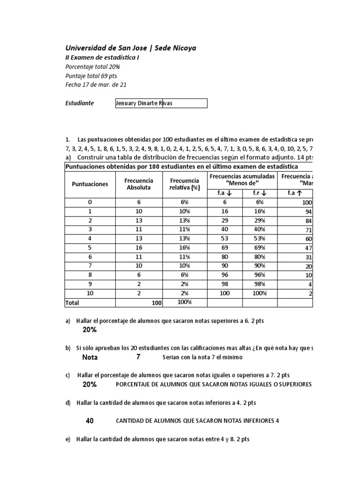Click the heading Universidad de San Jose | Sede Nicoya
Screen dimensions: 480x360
click(130, 48)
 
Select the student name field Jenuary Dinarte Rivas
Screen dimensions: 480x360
click(161, 103)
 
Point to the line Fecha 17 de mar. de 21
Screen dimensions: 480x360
click(96, 85)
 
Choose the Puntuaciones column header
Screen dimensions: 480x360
click(90, 184)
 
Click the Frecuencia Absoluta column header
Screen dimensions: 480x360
click(139, 184)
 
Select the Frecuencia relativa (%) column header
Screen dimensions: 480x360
click(184, 184)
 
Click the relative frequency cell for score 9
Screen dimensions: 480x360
click(184, 284)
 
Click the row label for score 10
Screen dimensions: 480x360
click(90, 293)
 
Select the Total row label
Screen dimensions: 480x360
click(72, 303)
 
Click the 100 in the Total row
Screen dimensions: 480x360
click(156, 303)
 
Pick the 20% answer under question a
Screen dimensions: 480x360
click(90, 330)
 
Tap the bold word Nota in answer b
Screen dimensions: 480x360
click(90, 357)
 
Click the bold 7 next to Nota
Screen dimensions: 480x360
click(138, 357)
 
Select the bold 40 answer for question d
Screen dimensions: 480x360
click(90, 420)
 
